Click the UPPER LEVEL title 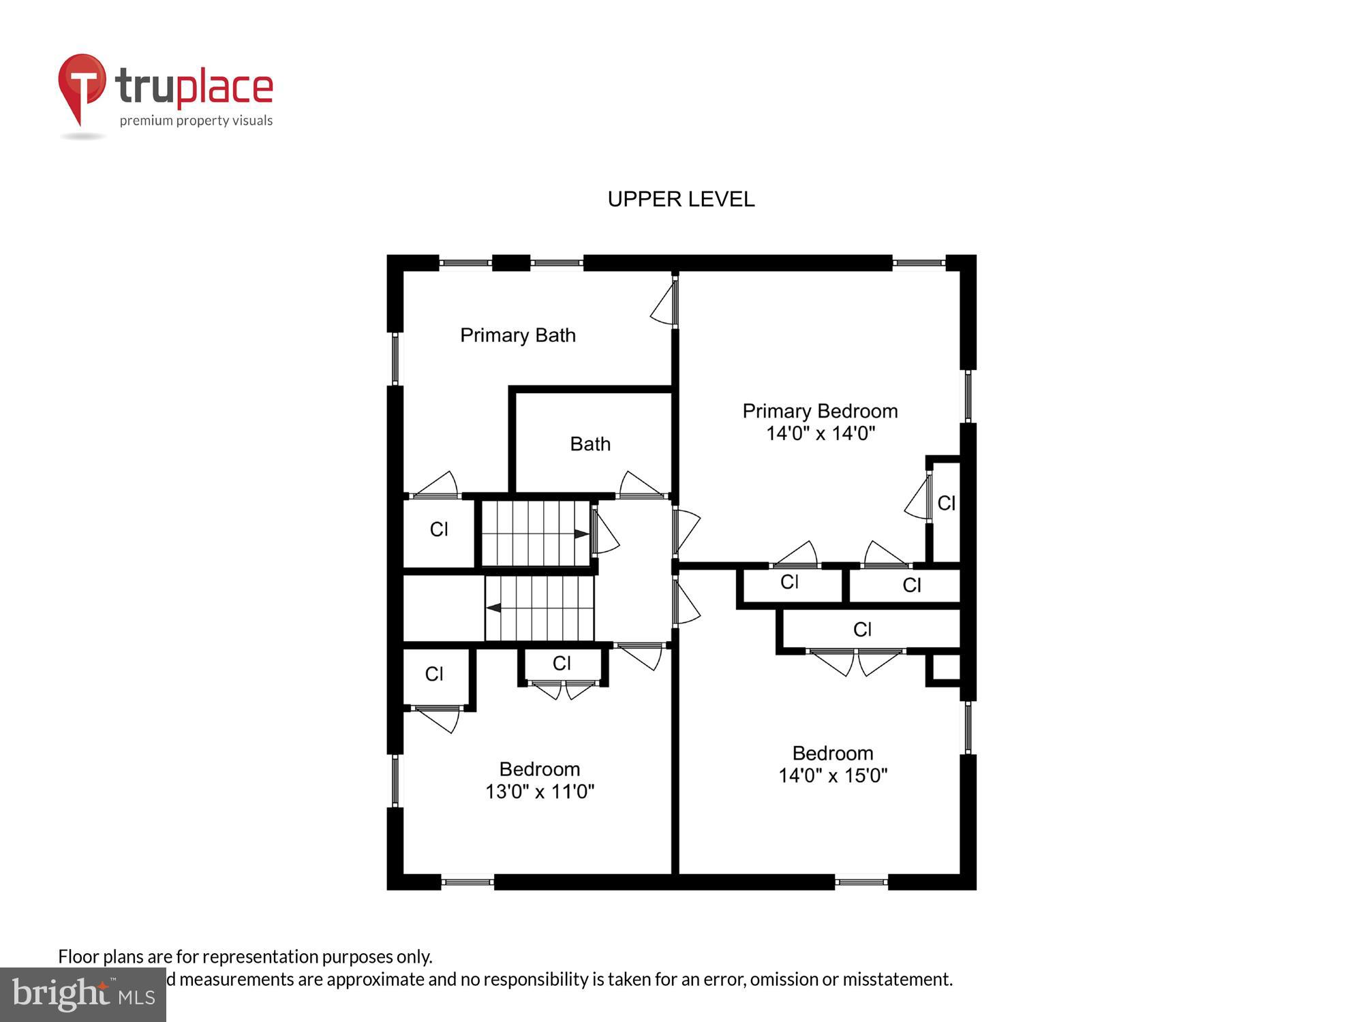tap(681, 199)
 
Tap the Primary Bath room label tap(518, 335)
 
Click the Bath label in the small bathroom tap(590, 444)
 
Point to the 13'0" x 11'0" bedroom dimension tap(540, 792)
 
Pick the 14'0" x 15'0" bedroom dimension tap(833, 775)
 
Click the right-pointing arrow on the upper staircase tap(581, 534)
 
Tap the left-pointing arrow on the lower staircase tap(493, 608)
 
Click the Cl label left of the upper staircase tap(439, 529)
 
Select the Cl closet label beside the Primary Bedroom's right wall tap(947, 504)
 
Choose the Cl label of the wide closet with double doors tap(862, 630)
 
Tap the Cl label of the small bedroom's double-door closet tap(562, 663)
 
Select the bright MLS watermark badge tap(83, 995)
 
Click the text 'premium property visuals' tap(196, 121)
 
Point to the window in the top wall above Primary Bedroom tap(918, 263)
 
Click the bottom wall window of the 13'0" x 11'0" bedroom tap(468, 882)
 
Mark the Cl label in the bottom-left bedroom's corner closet tap(434, 674)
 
